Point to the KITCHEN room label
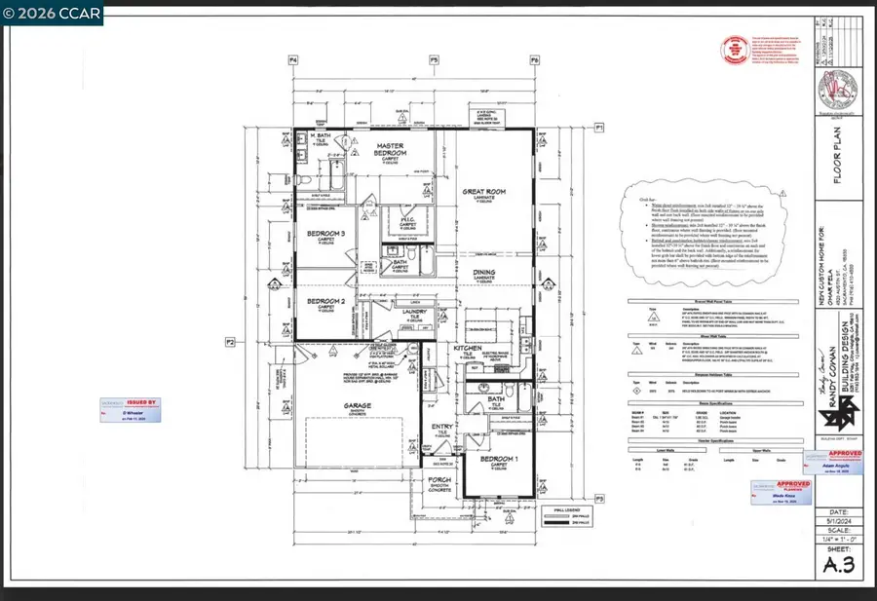469,348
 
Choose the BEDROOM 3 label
327,234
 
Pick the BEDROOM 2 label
327,303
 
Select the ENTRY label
443,427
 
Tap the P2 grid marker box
231,342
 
